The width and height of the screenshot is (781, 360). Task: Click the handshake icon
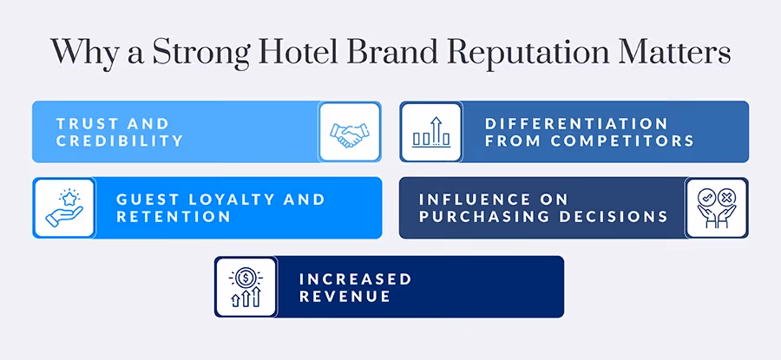tap(350, 132)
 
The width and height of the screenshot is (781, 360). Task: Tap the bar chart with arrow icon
tap(430, 132)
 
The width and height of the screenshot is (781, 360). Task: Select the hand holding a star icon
tap(64, 208)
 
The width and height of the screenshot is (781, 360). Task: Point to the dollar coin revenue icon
tap(246, 286)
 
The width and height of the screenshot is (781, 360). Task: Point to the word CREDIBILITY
tap(120, 141)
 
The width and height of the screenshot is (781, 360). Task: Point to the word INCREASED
tap(355, 278)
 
